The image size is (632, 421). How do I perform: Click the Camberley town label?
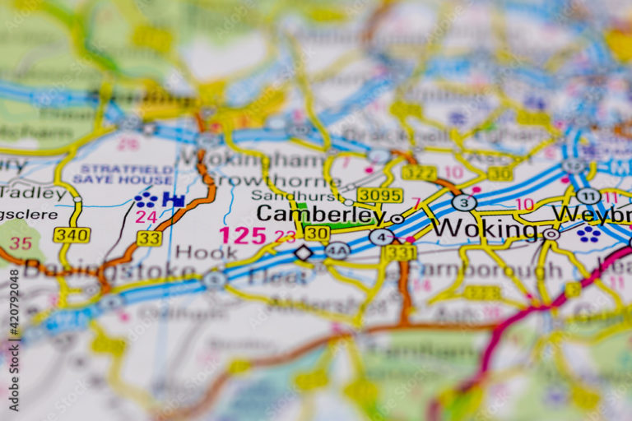tap(320, 215)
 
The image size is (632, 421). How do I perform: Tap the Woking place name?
tap(485, 228)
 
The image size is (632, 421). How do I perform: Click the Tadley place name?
tap(33, 193)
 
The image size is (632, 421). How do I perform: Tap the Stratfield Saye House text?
tap(123, 174)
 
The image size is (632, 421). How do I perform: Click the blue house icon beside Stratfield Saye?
tap(173, 199)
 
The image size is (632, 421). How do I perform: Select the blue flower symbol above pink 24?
tap(146, 200)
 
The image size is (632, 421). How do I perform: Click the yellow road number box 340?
tap(72, 235)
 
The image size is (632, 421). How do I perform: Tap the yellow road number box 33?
tap(149, 238)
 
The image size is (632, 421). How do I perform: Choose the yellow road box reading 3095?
tap(379, 195)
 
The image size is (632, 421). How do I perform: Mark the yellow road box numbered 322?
tap(419, 173)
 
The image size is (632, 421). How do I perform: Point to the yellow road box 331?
tap(399, 252)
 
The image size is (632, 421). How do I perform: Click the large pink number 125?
tap(243, 235)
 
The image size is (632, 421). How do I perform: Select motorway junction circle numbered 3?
tap(464, 202)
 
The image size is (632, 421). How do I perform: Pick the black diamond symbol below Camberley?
tap(304, 252)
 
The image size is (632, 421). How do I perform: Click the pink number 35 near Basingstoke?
tap(21, 243)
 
